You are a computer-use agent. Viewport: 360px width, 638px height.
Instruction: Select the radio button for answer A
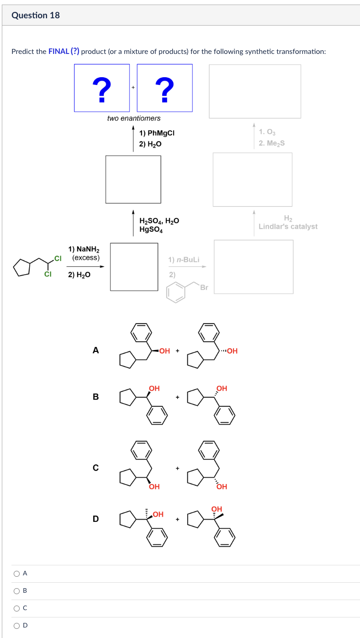pos(16,573)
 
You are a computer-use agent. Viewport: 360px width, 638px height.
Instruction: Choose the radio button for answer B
pos(16,590)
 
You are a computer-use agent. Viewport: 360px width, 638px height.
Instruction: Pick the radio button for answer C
pos(16,608)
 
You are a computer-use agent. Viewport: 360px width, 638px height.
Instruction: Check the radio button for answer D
pos(16,625)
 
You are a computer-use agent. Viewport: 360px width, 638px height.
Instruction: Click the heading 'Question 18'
pos(36,15)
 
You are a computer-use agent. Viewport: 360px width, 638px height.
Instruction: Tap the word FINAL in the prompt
pos(58,51)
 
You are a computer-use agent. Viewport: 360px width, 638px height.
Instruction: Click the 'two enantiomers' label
pos(134,118)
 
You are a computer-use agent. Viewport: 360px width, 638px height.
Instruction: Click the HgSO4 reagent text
pos(152,230)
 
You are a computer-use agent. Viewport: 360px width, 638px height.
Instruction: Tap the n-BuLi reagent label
pos(184,260)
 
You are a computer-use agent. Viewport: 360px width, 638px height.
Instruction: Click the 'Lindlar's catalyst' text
pos(288,226)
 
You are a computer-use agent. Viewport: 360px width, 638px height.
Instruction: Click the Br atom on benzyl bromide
pos(204,287)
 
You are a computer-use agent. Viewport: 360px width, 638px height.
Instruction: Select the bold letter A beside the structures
pos(95,351)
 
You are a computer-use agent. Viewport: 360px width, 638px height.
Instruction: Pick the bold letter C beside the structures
pos(95,468)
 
